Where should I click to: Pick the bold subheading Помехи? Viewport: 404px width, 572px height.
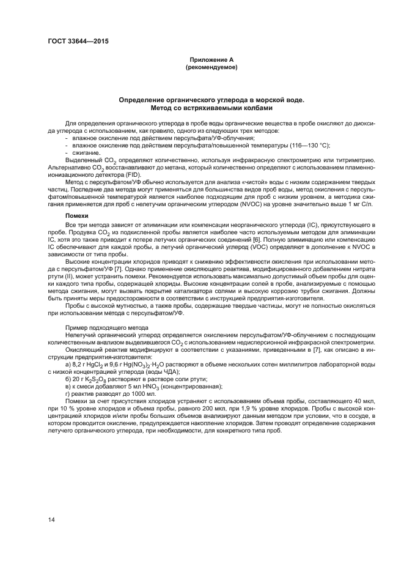(x=77, y=216)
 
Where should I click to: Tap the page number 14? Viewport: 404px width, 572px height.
(x=51, y=520)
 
